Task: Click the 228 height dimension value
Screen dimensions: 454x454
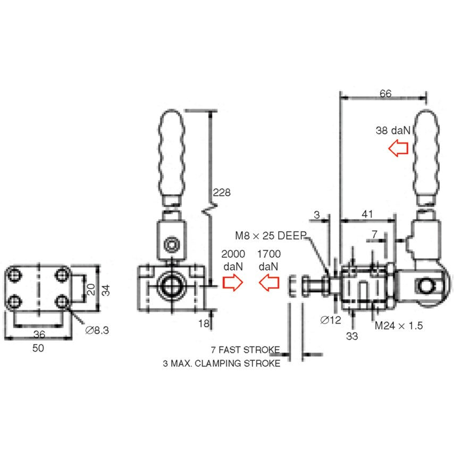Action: click(222, 192)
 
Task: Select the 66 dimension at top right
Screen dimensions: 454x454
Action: click(385, 94)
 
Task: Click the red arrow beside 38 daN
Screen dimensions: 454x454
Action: click(398, 148)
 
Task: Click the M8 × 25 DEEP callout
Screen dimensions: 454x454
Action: click(270, 235)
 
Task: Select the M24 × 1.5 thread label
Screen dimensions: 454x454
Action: click(399, 325)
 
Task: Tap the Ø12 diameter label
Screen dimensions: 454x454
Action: click(331, 320)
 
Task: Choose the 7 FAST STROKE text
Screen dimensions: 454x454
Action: click(245, 350)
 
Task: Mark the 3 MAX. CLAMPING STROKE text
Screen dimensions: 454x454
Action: click(221, 364)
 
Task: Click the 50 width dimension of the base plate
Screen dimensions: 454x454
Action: click(38, 348)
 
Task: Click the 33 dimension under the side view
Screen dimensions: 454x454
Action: click(352, 336)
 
